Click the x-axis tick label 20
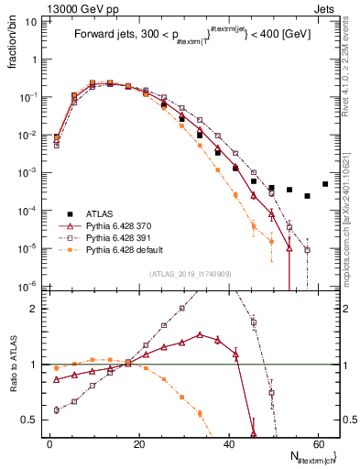138,443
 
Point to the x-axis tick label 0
49,443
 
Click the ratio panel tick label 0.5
32,420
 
